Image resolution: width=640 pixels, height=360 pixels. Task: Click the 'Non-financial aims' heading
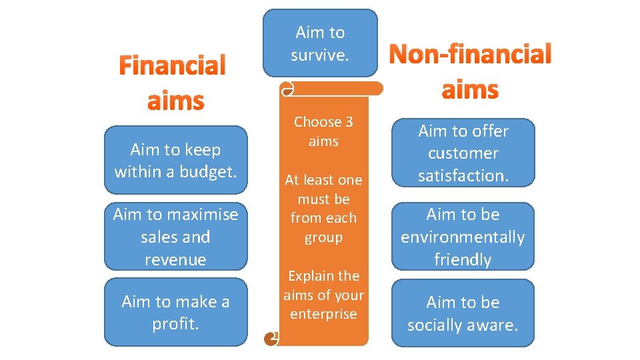(x=470, y=71)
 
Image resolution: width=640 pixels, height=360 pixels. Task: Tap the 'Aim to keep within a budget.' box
(x=175, y=161)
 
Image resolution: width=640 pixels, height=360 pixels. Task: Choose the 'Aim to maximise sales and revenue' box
(x=175, y=237)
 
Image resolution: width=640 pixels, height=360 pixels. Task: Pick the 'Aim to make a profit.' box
(x=175, y=313)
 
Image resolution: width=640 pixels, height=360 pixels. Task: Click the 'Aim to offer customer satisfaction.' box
(x=463, y=153)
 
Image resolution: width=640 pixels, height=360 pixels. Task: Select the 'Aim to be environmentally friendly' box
(x=463, y=237)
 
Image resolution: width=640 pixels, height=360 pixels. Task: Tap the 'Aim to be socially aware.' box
(x=463, y=313)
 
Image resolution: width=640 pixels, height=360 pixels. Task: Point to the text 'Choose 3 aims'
(x=323, y=131)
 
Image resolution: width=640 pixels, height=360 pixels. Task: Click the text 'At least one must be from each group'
(x=323, y=208)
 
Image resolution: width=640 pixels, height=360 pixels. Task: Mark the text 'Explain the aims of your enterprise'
(x=323, y=295)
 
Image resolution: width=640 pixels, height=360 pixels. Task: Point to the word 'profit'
(x=174, y=324)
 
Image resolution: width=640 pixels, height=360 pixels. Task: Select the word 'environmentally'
(x=463, y=237)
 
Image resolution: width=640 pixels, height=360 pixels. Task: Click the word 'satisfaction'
(x=463, y=175)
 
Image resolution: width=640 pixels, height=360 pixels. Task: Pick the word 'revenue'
(x=175, y=259)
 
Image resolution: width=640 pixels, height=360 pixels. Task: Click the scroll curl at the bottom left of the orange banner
(x=271, y=339)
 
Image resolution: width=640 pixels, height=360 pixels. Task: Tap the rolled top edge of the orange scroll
(x=333, y=89)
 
